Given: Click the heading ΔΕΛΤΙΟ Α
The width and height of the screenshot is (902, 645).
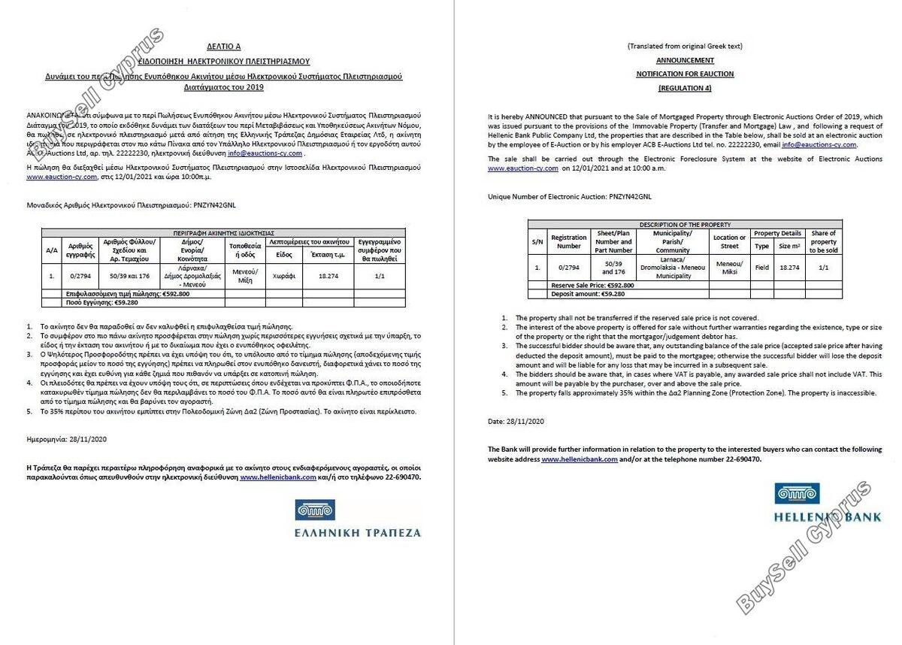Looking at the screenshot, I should coord(225,46).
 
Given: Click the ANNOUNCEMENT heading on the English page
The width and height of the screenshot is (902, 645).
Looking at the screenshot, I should coord(685,59).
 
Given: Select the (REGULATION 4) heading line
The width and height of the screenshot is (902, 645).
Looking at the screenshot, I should coord(685,88).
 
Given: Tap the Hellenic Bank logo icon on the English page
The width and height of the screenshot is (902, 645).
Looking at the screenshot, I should coord(795,494).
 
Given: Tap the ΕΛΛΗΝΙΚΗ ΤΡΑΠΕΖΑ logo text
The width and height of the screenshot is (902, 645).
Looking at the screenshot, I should coord(358,532).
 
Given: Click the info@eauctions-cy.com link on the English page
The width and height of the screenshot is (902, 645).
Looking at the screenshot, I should coord(819,144).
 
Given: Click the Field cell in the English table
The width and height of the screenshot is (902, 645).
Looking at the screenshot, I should coord(762,267).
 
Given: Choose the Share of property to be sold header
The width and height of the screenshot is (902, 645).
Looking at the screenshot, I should coord(824,242).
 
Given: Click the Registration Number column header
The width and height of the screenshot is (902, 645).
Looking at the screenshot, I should coord(568,242).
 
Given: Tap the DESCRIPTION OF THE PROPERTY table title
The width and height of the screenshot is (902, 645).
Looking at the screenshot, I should coord(685,225).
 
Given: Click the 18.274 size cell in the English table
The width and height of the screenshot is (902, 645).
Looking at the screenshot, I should coord(789,267).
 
